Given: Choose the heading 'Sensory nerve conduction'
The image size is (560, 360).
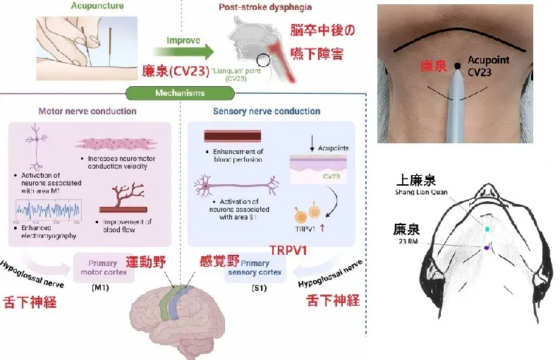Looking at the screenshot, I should point(266,112).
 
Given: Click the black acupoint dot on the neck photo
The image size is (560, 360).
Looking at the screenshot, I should point(457,66).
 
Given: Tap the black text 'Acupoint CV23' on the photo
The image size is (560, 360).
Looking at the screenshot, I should point(487,67).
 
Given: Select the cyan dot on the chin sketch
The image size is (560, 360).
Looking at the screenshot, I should point(487,229).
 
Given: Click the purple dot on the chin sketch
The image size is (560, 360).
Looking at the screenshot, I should point(487,247).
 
